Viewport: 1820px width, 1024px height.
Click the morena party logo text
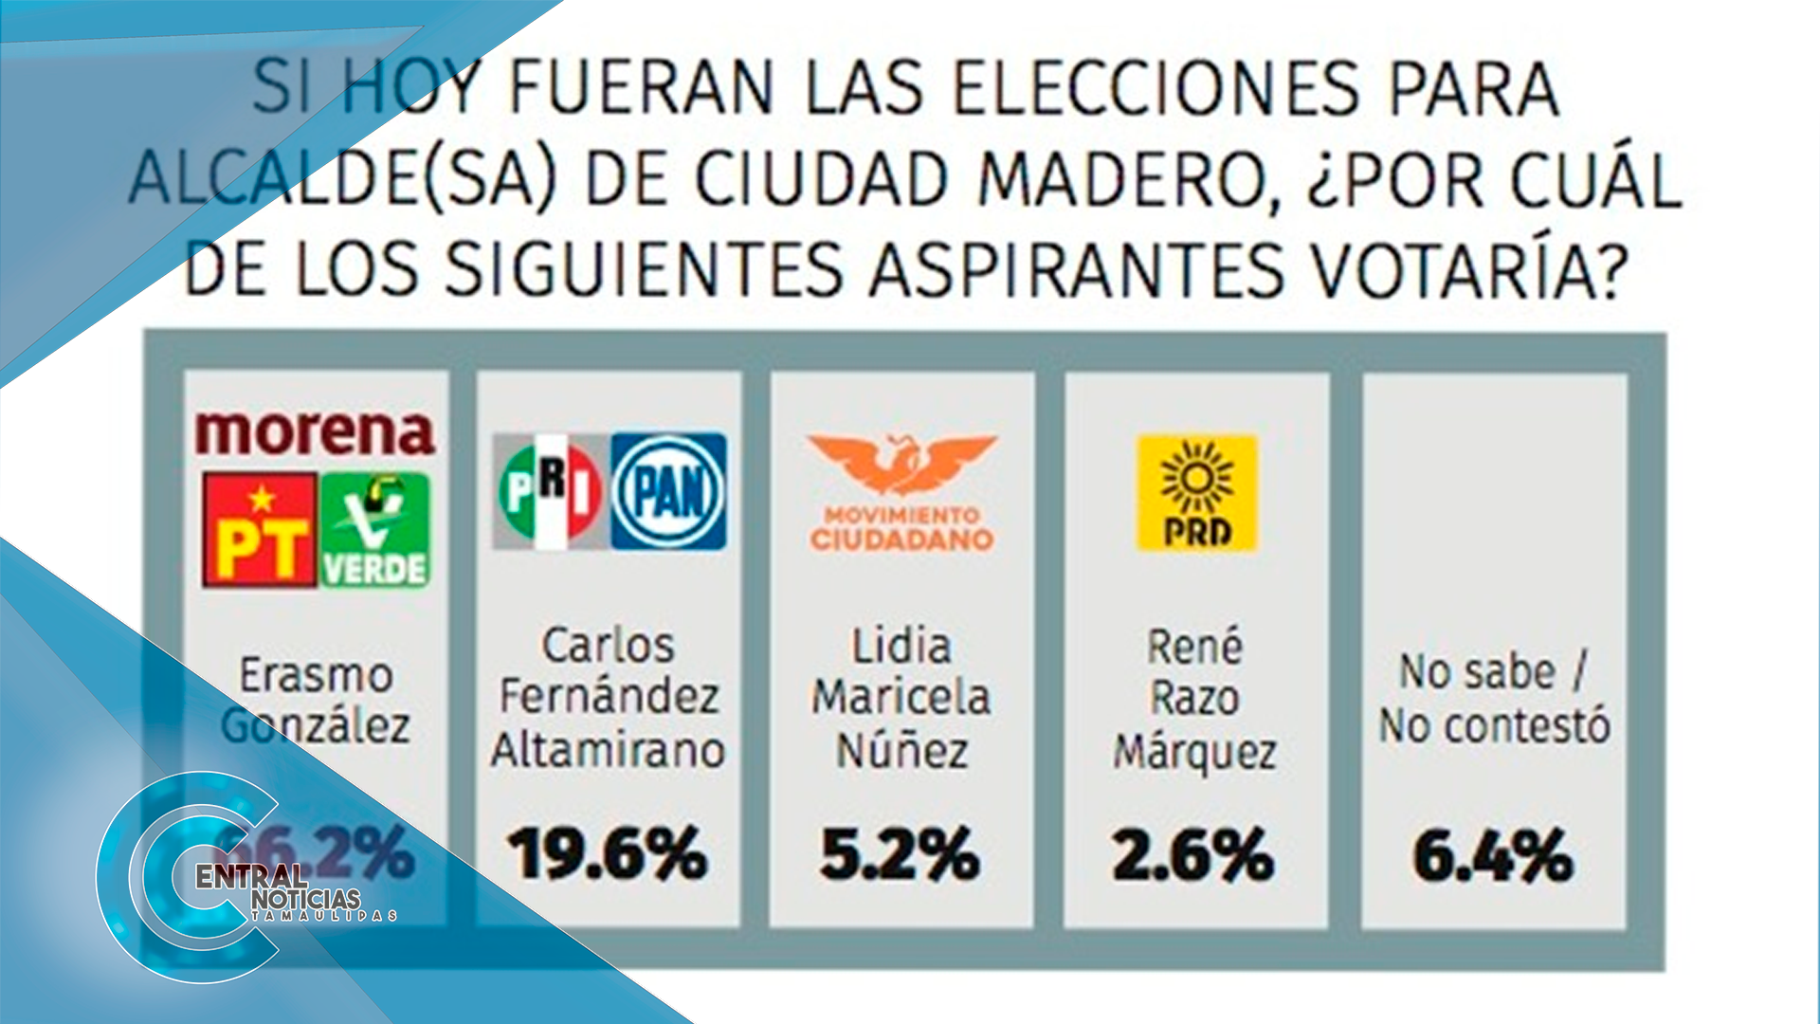(315, 432)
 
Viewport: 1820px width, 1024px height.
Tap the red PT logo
(260, 529)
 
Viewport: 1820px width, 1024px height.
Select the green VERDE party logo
(375, 529)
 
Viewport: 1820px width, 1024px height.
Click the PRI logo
(550, 491)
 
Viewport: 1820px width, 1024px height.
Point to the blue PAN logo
(669, 491)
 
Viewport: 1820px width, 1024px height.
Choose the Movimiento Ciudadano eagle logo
(901, 492)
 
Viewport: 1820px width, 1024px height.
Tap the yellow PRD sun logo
(1197, 492)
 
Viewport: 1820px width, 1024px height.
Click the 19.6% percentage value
(608, 854)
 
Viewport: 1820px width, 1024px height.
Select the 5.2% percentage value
(901, 854)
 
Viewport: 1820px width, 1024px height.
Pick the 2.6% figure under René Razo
(1193, 855)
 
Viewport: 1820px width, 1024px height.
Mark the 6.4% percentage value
(1493, 855)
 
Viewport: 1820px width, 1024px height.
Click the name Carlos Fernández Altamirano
(608, 698)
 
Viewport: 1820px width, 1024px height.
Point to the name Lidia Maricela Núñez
(901, 699)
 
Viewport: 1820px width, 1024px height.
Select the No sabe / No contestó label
(1494, 699)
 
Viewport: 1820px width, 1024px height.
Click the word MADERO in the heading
(1121, 180)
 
